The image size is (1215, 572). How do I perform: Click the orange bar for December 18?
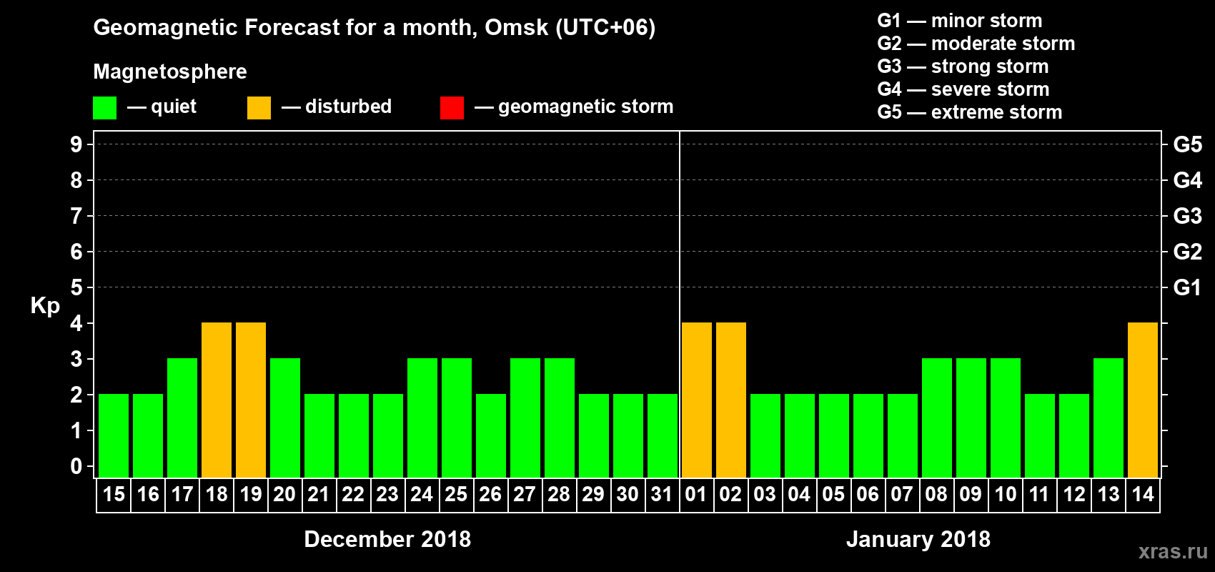(217, 400)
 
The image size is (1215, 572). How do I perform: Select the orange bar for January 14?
(1143, 400)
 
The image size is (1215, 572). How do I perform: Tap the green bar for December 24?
(422, 418)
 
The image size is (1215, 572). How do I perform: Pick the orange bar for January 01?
(697, 400)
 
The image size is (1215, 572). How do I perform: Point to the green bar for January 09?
(971, 418)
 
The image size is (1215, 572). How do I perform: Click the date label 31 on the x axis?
(662, 494)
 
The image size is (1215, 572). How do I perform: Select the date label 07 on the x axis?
(902, 494)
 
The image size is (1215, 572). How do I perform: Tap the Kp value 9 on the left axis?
(76, 144)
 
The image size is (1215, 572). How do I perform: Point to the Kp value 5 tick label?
(76, 287)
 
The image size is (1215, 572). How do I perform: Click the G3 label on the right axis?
(1187, 216)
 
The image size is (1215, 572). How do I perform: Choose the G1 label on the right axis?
(1187, 287)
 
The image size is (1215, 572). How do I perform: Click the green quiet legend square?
(105, 108)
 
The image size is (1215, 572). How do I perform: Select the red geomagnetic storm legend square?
(452, 108)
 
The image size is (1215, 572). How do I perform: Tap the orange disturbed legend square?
(259, 108)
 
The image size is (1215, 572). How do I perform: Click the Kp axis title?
(45, 306)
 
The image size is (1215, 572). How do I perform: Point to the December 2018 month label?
(387, 539)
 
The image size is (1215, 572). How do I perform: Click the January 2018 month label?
(918, 539)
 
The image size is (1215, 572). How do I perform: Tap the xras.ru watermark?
(1173, 551)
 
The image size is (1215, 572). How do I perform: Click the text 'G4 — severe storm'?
(963, 89)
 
